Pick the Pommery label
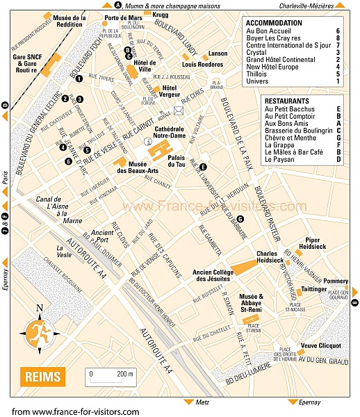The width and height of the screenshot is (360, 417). tap(335, 262)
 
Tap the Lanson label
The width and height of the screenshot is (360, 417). tap(218, 54)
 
